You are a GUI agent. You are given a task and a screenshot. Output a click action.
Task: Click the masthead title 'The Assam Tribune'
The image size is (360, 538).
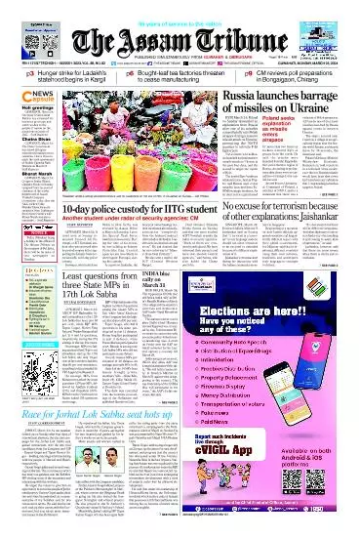tap(180, 36)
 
